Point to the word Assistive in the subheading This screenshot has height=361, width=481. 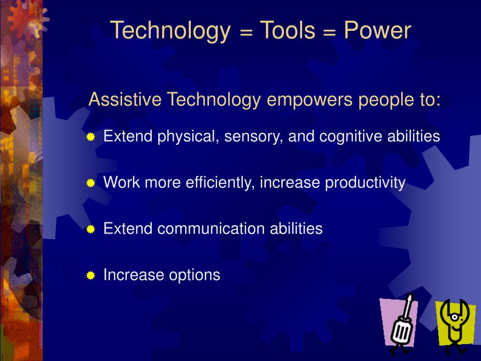tap(125, 99)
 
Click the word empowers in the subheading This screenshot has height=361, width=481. tap(310, 100)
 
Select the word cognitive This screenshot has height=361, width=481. tap(350, 136)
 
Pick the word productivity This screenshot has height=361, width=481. tap(365, 183)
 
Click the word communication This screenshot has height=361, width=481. tap(211, 228)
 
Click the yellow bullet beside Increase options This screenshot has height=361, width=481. tap(91, 275)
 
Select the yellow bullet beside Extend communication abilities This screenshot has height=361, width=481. tap(91, 229)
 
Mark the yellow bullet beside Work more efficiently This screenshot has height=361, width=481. tap(91, 183)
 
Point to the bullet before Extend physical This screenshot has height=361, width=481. tap(91, 137)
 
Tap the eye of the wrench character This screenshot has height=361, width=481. tap(455, 317)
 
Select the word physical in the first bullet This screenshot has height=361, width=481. tap(188, 137)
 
